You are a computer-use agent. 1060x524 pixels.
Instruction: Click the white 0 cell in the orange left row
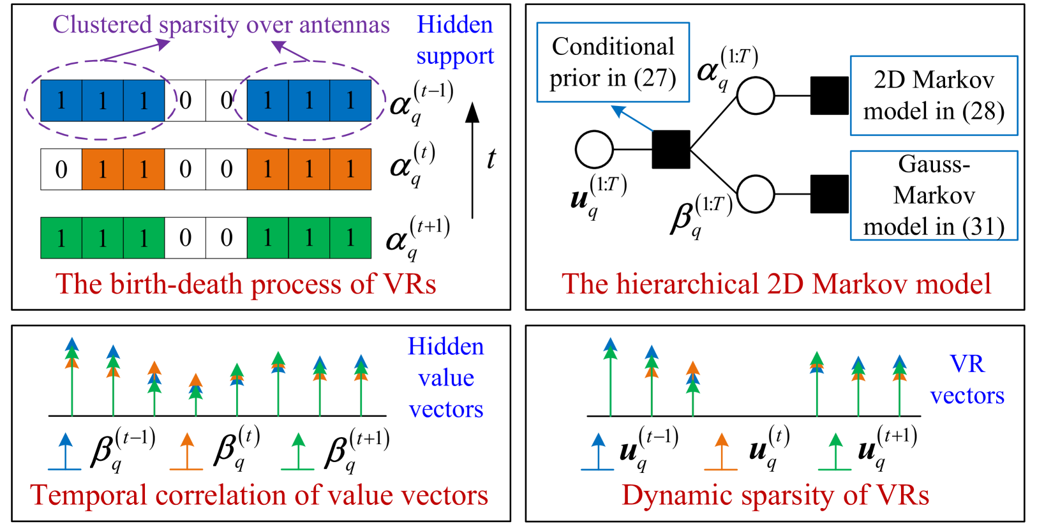[x=61, y=169]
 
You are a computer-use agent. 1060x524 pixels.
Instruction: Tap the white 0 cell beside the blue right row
[x=226, y=100]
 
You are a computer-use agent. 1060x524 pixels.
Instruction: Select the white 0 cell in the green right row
[x=226, y=238]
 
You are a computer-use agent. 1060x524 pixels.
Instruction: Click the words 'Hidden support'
[x=455, y=40]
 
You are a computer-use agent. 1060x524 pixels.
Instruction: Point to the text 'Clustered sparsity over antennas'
[x=221, y=25]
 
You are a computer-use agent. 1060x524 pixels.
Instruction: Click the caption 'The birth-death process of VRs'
[x=246, y=284]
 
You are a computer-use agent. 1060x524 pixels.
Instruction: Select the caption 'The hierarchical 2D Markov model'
[x=776, y=284]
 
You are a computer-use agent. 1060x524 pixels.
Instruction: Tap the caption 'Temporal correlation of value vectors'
[x=259, y=495]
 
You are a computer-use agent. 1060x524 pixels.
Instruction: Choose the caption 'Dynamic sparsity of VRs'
[x=775, y=495]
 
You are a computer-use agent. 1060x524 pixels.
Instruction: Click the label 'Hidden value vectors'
[x=446, y=377]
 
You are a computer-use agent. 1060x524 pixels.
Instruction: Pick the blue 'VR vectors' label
[x=967, y=380]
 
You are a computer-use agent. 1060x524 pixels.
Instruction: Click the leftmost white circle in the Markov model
[x=594, y=150]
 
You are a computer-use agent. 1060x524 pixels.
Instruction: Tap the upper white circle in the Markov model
[x=756, y=96]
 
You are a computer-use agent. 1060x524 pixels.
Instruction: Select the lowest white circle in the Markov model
[x=756, y=194]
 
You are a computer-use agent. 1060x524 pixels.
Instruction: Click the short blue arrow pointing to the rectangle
[x=632, y=119]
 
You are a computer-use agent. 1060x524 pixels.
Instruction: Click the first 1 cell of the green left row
[x=61, y=238]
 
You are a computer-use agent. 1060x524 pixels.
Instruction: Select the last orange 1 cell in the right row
[x=350, y=169]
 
